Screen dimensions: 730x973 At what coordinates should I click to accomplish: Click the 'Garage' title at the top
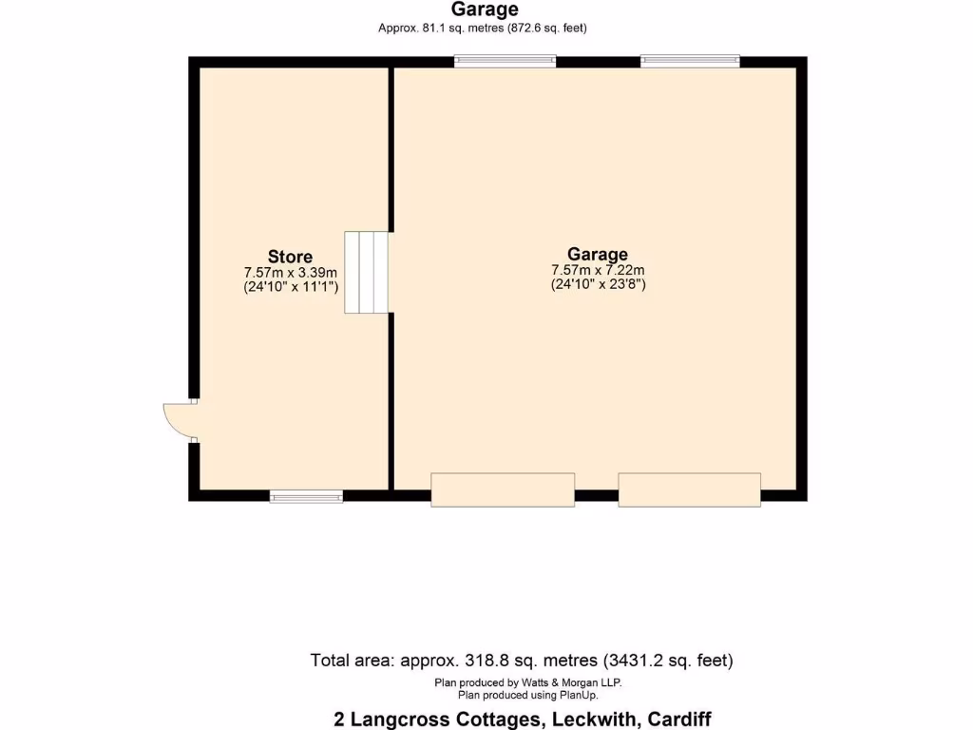coord(485,10)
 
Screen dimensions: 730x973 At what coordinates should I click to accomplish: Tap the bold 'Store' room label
coord(290,257)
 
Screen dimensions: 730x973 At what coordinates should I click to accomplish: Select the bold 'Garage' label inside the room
coord(598,254)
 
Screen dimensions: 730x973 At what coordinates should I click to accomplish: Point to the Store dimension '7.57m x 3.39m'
coord(290,272)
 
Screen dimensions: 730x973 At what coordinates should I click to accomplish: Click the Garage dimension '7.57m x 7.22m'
coord(598,270)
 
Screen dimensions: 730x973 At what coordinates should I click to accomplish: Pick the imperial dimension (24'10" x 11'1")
coord(291,286)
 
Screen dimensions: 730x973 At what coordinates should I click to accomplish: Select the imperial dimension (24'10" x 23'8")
coord(599,284)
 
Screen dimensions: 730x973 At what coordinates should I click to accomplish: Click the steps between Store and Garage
coord(367,272)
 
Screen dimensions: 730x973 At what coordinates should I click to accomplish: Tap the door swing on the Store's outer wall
coord(178,419)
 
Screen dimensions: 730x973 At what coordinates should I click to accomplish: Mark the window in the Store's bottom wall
coord(306,495)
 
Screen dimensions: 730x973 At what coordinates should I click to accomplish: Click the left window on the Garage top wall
coord(505,62)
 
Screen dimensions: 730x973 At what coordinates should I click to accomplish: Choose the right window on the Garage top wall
coord(690,62)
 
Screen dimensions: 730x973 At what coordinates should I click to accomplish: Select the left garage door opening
coord(503,489)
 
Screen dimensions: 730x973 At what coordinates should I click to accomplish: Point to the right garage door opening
coord(689,489)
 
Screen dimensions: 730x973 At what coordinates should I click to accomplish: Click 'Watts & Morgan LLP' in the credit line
coord(568,682)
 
